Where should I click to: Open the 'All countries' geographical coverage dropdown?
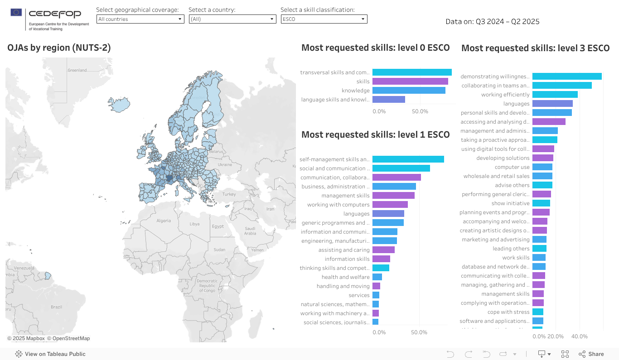click(140, 19)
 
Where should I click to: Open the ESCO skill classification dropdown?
click(324, 19)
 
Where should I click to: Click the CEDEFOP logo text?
click(55, 14)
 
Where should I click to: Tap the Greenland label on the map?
click(77, 70)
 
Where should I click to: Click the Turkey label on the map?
click(229, 194)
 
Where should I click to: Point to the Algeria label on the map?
click(164, 221)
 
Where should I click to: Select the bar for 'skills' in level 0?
click(410, 82)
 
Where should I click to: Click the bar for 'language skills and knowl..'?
click(388, 100)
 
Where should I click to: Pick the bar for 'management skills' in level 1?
click(393, 196)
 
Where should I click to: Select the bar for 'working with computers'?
click(390, 205)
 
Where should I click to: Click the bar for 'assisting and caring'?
click(383, 250)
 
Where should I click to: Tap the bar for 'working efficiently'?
click(555, 95)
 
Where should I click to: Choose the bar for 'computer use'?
click(542, 167)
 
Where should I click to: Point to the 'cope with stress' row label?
click(508, 312)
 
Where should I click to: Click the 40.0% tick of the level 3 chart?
click(579, 336)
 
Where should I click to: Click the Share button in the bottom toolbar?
click(591, 354)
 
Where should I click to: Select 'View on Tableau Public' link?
click(55, 354)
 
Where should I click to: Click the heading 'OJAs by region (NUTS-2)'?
click(59, 48)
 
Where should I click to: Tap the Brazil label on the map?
click(56, 307)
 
